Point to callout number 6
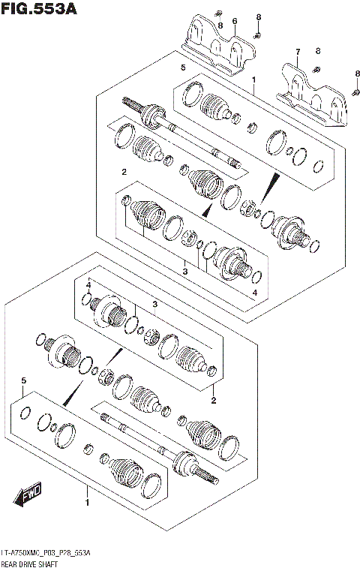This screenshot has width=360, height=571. point(234,21)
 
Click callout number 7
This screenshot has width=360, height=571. point(297,52)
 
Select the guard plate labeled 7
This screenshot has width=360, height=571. point(315,95)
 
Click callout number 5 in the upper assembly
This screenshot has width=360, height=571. point(181,68)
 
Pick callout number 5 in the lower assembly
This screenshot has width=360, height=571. point(24,381)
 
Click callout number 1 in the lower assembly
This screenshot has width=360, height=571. point(88,502)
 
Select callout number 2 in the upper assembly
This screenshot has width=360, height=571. point(123,173)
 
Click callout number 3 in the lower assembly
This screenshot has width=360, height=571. point(155,304)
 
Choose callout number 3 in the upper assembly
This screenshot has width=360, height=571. point(185,272)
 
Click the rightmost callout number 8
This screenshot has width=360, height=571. point(357,73)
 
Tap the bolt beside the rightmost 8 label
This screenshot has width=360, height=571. point(352,91)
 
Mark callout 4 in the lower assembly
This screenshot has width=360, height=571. point(88,285)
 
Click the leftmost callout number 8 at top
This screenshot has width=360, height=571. point(220,26)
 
